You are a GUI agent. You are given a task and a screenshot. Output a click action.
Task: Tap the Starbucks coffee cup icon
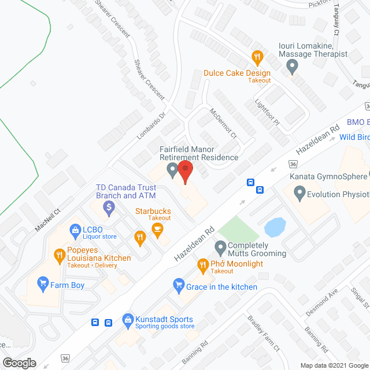(157, 230)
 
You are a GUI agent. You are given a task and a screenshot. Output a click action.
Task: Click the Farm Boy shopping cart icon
(42, 283)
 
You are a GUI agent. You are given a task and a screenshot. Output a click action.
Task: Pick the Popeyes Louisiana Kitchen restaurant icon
(59, 254)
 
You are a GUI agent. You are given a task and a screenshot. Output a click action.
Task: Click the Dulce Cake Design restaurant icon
(257, 57)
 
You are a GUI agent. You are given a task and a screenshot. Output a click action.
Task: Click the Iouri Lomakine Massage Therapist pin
(292, 68)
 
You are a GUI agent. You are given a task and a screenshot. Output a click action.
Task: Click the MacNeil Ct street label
(47, 220)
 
